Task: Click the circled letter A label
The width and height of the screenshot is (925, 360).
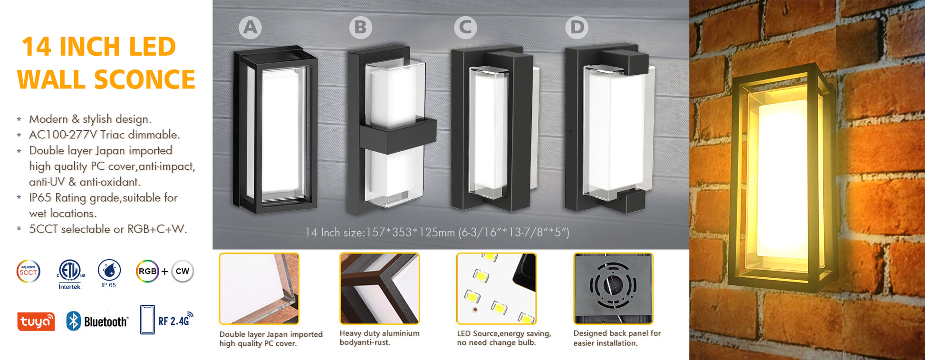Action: [x=251, y=28]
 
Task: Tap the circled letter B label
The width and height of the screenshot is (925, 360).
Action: [x=361, y=28]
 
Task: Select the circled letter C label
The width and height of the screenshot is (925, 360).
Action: [x=466, y=28]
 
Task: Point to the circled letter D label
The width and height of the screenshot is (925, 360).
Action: [x=577, y=28]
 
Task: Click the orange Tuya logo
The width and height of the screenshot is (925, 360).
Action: [x=36, y=321]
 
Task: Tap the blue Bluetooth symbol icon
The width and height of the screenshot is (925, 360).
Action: [x=73, y=321]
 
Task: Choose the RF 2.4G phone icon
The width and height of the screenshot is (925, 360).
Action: [x=147, y=320]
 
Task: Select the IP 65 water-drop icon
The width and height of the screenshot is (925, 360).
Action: [x=109, y=271]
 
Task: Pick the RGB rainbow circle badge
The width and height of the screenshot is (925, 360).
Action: [x=147, y=272]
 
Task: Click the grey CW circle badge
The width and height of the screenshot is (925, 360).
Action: [x=183, y=272]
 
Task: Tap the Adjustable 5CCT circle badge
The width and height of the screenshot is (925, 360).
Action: [x=29, y=272]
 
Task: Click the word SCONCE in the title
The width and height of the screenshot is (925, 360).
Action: [x=145, y=79]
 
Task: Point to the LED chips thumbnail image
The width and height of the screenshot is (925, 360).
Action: [x=496, y=289]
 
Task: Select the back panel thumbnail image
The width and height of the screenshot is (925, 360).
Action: [x=613, y=289]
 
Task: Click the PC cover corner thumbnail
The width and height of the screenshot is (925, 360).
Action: [x=259, y=289]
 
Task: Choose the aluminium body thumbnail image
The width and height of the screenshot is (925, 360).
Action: [x=379, y=289]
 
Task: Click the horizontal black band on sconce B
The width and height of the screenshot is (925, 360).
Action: [x=398, y=136]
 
